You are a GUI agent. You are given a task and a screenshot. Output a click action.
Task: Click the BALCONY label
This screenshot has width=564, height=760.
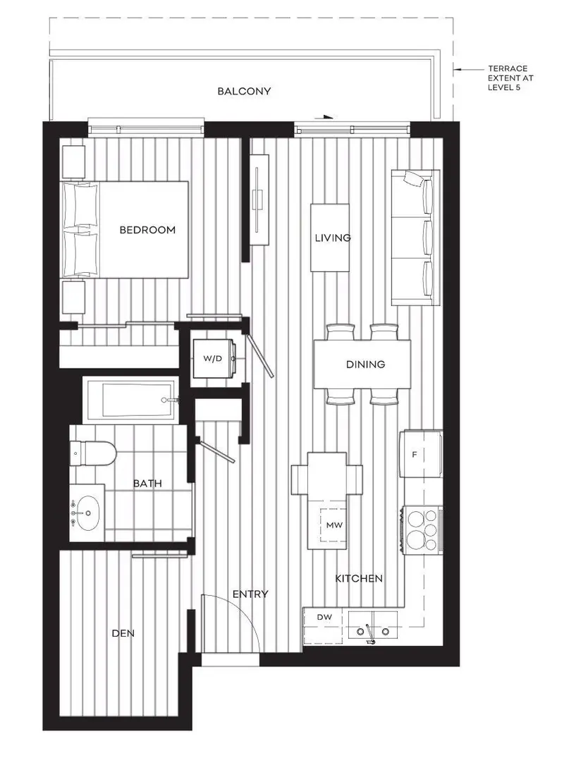244,92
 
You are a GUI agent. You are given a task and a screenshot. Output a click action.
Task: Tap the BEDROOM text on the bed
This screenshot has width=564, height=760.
147,230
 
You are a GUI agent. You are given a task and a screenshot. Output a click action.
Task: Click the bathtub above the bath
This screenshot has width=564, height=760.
130,400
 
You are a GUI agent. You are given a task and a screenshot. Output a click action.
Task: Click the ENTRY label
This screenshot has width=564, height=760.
250,594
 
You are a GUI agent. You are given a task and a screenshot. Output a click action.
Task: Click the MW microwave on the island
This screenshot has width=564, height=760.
333,525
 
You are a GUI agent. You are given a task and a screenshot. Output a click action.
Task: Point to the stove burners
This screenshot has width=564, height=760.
422,529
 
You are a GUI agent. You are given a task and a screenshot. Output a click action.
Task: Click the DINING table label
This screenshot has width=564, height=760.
365,364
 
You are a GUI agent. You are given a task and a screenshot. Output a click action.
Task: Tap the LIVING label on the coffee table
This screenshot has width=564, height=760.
333,238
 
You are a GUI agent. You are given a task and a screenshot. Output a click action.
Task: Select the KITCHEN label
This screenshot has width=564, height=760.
359,578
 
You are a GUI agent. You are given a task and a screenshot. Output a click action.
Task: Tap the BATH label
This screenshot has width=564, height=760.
147,484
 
